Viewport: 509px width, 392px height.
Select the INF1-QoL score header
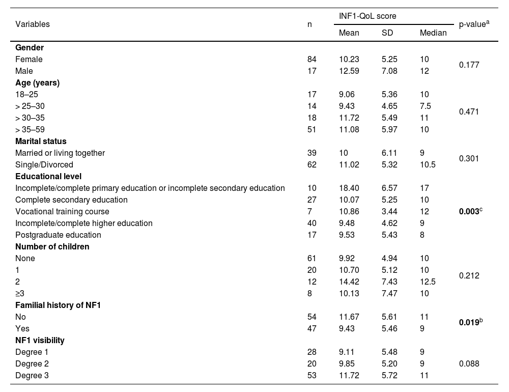pyautogui.click(x=367, y=16)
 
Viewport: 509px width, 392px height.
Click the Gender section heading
pyautogui.click(x=30, y=47)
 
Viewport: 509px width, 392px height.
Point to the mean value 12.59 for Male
pyautogui.click(x=349, y=71)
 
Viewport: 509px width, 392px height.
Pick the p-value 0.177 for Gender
pyautogui.click(x=469, y=65)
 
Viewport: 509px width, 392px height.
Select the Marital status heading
pyautogui.click(x=41, y=141)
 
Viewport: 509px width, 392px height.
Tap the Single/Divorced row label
pyautogui.click(x=44, y=164)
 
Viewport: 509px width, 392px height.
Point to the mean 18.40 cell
pyautogui.click(x=349, y=188)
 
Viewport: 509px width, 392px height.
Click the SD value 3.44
pyautogui.click(x=389, y=211)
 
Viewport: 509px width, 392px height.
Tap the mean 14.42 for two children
pyautogui.click(x=349, y=282)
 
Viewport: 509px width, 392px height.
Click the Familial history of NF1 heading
pyautogui.click(x=56, y=305)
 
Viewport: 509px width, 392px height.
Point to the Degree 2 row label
pyautogui.click(x=32, y=363)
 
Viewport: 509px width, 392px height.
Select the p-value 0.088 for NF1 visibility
pyautogui.click(x=469, y=363)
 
